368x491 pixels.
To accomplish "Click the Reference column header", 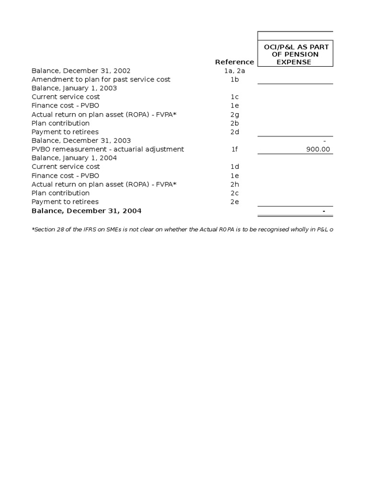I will (x=234, y=62).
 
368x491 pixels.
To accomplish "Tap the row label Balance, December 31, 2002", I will (x=81, y=70).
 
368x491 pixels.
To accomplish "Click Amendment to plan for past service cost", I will (x=101, y=79).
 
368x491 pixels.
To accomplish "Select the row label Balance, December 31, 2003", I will (x=81, y=140).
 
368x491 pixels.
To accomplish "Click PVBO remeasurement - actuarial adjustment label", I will (x=108, y=149).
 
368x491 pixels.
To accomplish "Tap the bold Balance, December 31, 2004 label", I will (x=87, y=211).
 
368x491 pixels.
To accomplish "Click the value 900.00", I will (x=318, y=149).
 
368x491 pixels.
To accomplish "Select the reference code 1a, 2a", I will (x=234, y=70).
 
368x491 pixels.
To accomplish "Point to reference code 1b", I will (x=234, y=79).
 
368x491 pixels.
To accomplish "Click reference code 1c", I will (x=234, y=97).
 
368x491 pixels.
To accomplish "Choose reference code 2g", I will (x=234, y=114).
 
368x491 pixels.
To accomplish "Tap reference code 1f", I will (x=234, y=149).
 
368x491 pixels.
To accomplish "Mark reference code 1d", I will (x=234, y=166).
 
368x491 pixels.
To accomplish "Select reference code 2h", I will (x=234, y=184).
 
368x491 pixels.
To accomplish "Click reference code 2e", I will (x=234, y=202).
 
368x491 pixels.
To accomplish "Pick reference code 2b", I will (x=234, y=123).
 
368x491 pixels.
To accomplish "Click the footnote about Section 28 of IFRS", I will (x=182, y=230).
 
